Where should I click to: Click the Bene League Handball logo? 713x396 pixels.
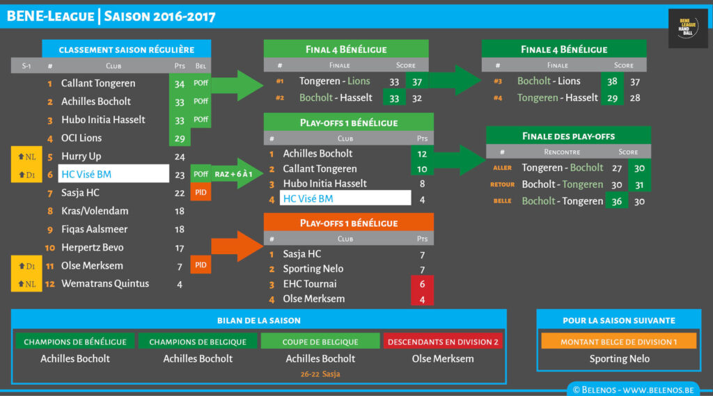(688, 29)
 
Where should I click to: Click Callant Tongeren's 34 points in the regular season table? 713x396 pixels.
(180, 84)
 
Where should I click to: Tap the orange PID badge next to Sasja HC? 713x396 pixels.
(201, 192)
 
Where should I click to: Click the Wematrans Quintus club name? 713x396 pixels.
(104, 283)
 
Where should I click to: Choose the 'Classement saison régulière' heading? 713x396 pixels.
(126, 49)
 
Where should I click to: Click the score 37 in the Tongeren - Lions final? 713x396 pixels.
(417, 81)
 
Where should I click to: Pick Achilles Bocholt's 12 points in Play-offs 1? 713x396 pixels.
(422, 153)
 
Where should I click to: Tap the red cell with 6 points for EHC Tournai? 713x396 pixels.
(422, 284)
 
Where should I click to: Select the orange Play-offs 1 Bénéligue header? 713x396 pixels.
(348, 223)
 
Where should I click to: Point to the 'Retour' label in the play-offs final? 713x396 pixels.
(502, 184)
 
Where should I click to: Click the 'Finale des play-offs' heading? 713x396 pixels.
(568, 136)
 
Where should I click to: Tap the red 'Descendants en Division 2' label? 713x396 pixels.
(444, 342)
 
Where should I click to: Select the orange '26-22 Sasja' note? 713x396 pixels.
(320, 374)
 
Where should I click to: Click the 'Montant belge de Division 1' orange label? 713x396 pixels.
(619, 341)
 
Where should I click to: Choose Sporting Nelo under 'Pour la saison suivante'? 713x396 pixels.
(619, 359)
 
